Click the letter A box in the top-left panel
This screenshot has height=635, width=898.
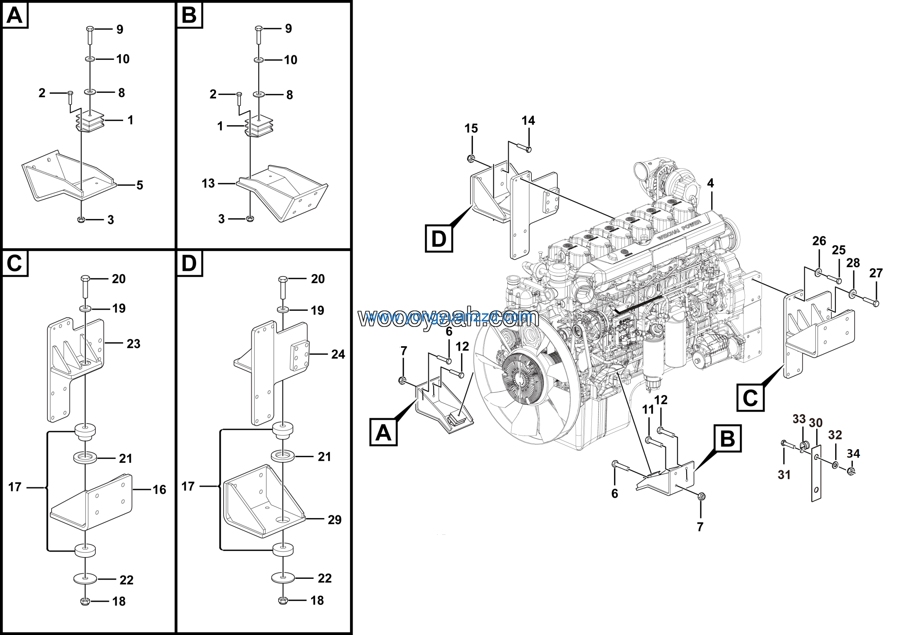click(x=15, y=16)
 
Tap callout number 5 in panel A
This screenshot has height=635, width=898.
click(x=140, y=185)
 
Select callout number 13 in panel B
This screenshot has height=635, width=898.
click(x=208, y=183)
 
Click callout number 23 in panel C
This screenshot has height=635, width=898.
click(x=133, y=344)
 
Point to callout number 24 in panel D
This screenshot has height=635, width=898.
click(x=338, y=354)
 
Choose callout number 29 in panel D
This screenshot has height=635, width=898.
click(x=334, y=520)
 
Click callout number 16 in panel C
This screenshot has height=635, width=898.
click(x=159, y=489)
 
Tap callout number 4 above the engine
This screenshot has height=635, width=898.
click(x=710, y=183)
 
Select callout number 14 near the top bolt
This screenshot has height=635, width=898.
click(x=528, y=120)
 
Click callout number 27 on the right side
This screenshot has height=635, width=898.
click(x=876, y=273)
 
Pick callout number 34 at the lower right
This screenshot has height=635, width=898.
click(x=853, y=453)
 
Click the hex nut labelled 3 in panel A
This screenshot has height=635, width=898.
click(x=81, y=219)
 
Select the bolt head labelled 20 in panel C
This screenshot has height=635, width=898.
click(x=86, y=279)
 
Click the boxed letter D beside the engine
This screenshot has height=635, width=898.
click(x=438, y=238)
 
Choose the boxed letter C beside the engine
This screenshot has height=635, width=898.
click(x=750, y=398)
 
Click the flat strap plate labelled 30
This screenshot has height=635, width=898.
click(x=816, y=474)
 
